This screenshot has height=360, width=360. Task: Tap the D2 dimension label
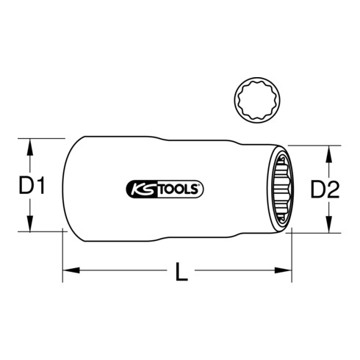[324, 190]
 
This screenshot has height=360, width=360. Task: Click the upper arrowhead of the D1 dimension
[30, 145]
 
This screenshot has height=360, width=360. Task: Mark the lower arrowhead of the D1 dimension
[30, 224]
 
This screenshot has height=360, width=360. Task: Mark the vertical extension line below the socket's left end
[61, 253]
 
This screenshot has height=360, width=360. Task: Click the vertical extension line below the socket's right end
[292, 253]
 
